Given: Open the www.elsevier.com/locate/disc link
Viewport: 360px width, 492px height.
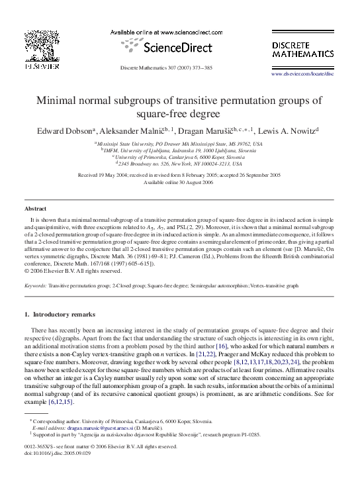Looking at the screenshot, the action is pyautogui.click(x=304, y=75).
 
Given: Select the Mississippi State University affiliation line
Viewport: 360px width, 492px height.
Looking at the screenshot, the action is pyautogui.click(x=179, y=143).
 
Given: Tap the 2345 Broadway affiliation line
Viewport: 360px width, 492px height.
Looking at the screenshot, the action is pyautogui.click(x=179, y=163).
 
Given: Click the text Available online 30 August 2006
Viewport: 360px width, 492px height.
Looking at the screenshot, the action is pyautogui.click(x=179, y=182).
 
